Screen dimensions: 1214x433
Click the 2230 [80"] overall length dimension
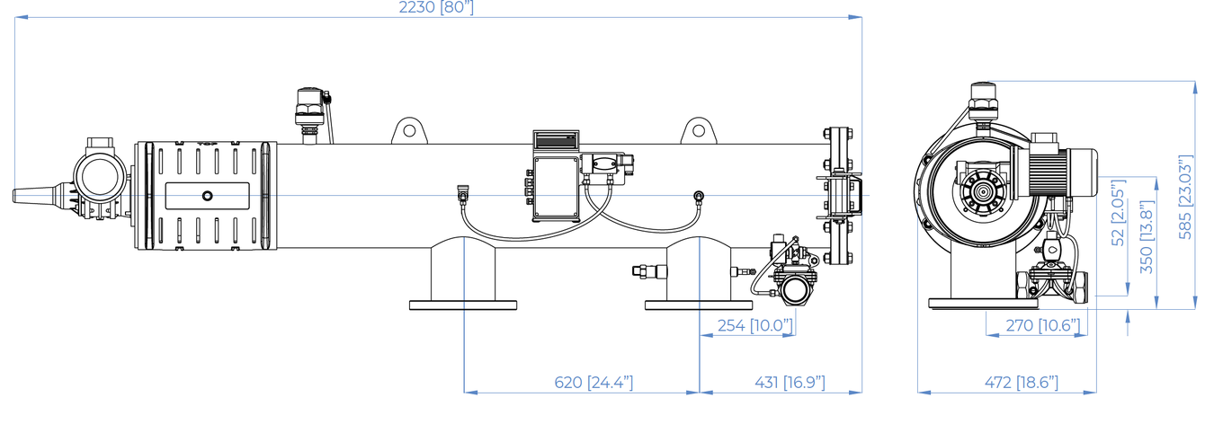coord(436,8)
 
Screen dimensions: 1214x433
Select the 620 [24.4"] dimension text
coord(594,383)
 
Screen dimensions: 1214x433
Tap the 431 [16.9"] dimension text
coord(790,383)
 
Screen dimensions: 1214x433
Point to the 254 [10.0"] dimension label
coord(755,325)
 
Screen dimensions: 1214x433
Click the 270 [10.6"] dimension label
coord(1043,325)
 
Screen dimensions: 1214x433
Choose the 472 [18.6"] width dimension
coord(1021,383)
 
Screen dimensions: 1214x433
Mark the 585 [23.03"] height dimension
coord(1186,197)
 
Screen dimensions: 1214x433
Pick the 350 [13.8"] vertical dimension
coord(1147,237)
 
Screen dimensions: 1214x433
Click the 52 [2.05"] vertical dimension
coord(1118,213)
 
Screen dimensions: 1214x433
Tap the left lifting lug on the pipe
coord(409,131)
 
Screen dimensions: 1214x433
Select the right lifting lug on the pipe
coord(699,131)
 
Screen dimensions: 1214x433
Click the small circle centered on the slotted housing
coord(207,196)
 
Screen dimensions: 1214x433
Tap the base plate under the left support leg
coord(463,305)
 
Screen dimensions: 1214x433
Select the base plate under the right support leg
coord(699,305)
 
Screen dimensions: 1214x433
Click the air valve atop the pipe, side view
coord(310,115)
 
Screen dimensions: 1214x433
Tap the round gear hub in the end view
coord(981,191)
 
